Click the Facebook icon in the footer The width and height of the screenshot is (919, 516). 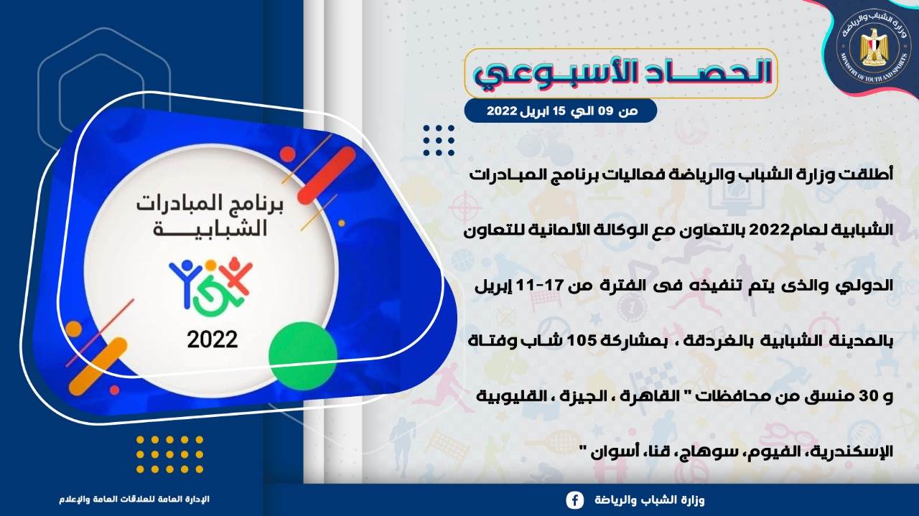(x=575, y=500)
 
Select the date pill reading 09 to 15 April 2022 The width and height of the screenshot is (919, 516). (x=561, y=111)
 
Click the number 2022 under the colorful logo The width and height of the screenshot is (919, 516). (x=212, y=340)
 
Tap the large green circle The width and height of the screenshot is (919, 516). (x=303, y=356)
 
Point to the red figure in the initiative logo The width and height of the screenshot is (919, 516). (x=235, y=276)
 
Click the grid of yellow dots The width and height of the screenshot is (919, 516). (x=170, y=454)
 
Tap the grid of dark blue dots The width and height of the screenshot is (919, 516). (x=439, y=141)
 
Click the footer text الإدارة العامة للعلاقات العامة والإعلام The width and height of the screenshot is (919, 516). (x=134, y=499)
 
